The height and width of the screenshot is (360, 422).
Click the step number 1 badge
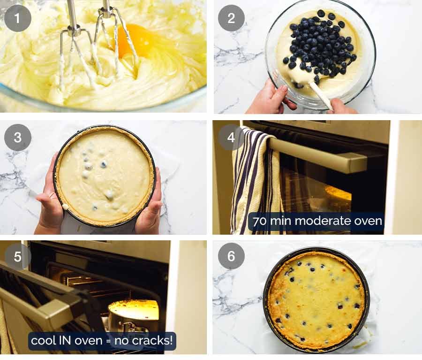pos(18,18)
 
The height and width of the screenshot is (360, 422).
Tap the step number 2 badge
pos(231,18)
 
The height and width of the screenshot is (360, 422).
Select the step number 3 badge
pos(18,138)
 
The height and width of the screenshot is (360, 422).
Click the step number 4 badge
pos(231,138)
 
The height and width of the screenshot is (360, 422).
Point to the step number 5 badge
pos(18,257)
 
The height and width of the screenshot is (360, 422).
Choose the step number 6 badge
pos(231,257)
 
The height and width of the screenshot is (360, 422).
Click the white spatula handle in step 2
pos(321,96)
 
